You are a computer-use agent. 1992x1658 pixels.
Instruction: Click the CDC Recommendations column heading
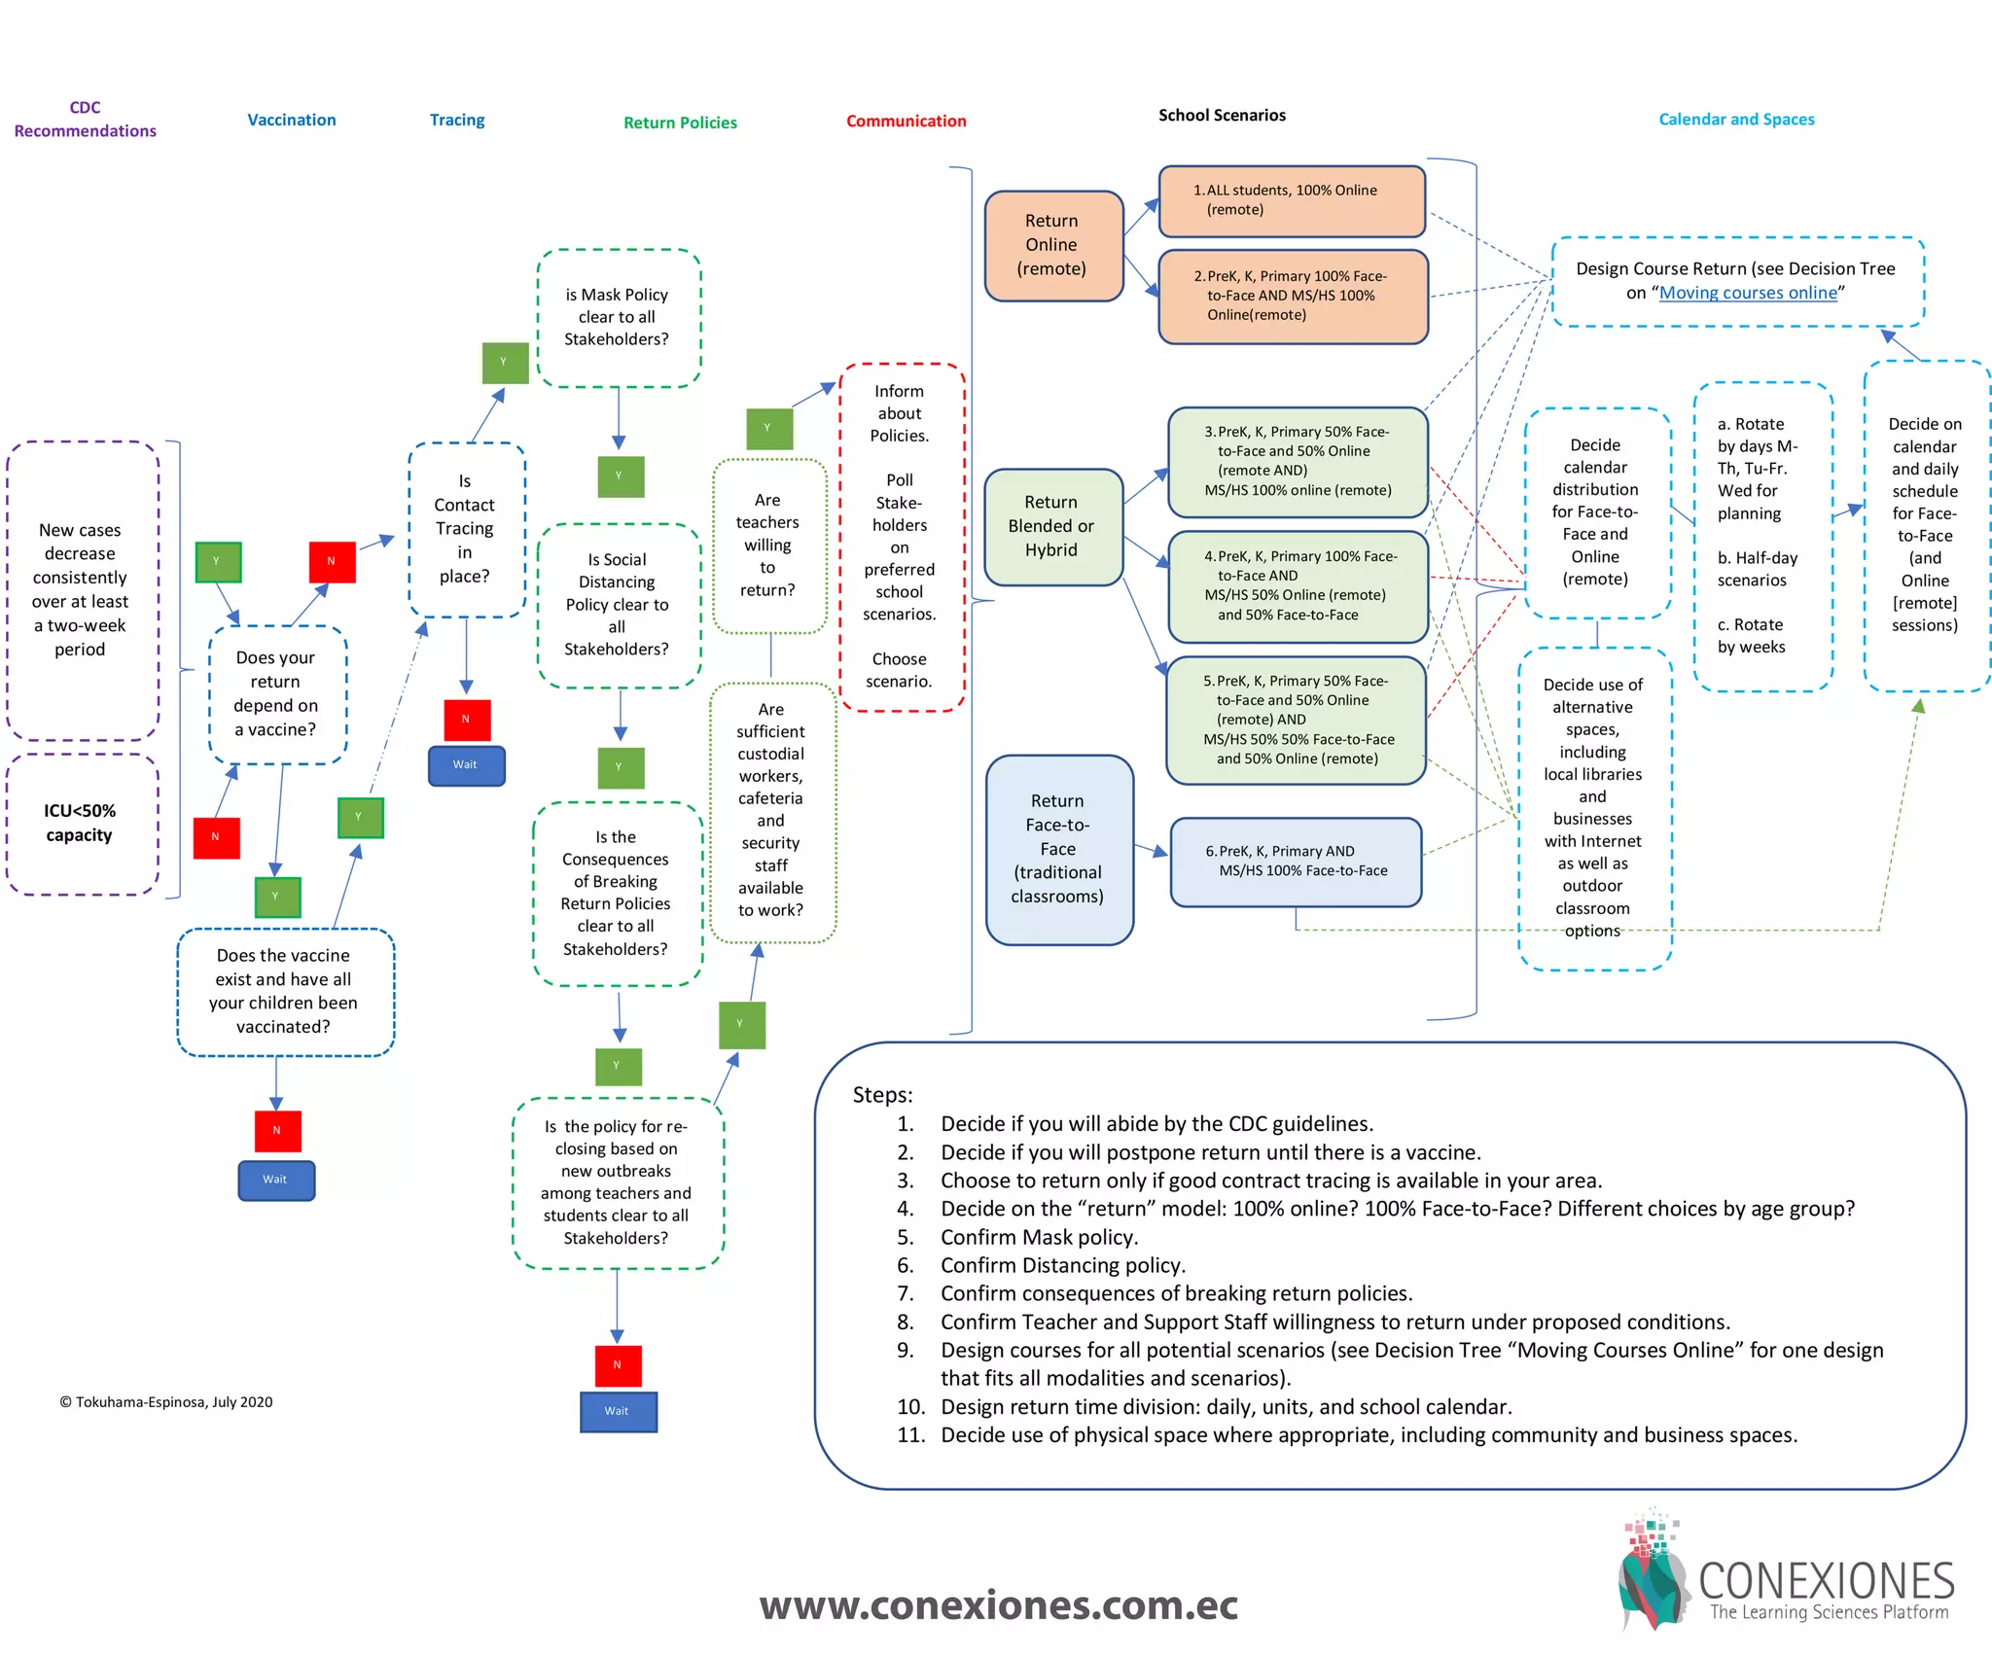click(x=85, y=120)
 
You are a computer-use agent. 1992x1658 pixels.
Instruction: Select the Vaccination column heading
click(x=291, y=120)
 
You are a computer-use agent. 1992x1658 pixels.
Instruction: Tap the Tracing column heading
click(x=457, y=120)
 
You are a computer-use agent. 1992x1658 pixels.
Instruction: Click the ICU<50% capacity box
click(x=81, y=823)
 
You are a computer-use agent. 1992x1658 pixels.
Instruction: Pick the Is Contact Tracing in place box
click(x=465, y=529)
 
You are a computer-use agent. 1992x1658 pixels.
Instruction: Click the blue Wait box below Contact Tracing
click(x=466, y=765)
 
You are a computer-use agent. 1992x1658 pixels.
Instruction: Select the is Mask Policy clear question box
click(x=618, y=317)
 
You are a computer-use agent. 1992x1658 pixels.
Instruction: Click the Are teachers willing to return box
click(x=768, y=545)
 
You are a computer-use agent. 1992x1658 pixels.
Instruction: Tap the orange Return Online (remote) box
click(x=1052, y=245)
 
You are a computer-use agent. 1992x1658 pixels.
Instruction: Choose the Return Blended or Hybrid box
click(x=1052, y=526)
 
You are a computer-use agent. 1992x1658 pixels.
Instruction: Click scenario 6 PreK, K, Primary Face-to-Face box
click(x=1296, y=862)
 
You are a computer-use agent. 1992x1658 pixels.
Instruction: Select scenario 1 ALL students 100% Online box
click(x=1291, y=200)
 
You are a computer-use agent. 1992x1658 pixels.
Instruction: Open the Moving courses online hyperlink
click(x=1748, y=293)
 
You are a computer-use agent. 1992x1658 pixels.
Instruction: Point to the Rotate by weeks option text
click(x=1751, y=636)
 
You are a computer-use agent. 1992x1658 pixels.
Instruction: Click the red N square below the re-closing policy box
click(x=618, y=1365)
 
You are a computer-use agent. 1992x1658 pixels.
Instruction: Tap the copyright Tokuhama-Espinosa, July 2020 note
click(x=166, y=1402)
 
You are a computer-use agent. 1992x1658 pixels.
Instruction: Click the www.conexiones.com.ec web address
click(x=998, y=1605)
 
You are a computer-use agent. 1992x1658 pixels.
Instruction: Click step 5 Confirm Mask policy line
click(x=1038, y=1237)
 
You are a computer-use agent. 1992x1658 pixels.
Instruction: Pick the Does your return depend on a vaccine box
click(x=277, y=693)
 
